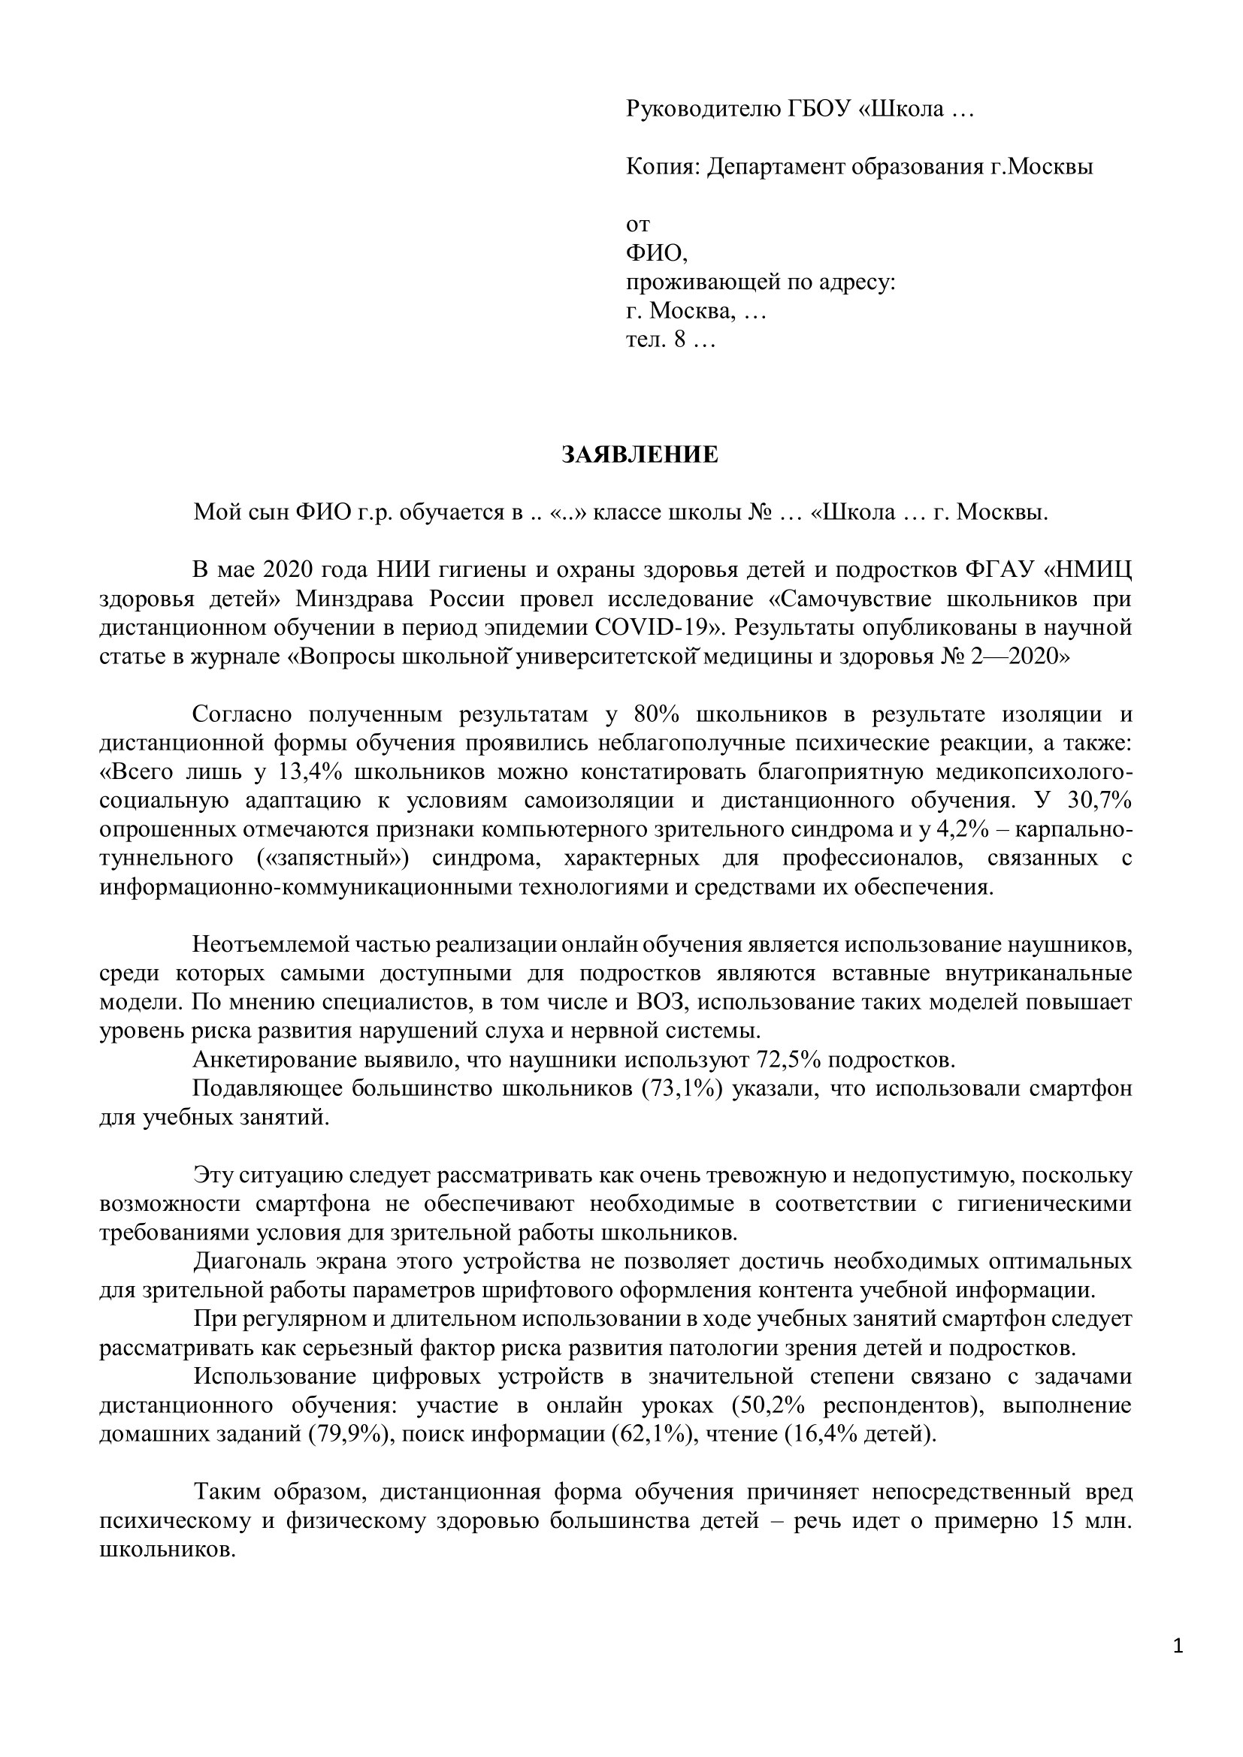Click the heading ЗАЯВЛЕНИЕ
(640, 455)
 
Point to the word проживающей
(701, 282)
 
